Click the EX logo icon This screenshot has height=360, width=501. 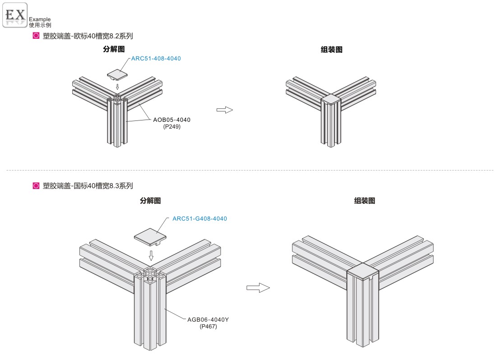15,15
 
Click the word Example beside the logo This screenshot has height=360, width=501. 40,19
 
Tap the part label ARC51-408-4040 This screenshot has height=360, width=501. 156,59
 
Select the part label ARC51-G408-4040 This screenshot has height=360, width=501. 199,219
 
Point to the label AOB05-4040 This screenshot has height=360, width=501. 172,120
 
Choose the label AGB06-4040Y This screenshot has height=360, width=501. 208,320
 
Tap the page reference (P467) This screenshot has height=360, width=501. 208,326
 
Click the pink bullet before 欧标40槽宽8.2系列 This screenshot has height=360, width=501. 36,36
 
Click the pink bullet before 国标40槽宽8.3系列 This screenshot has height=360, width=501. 36,185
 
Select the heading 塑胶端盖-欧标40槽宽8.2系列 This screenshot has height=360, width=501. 88,36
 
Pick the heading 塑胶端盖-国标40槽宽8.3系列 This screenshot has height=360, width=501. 88,185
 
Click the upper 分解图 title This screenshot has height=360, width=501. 114,49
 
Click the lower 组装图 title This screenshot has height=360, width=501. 365,201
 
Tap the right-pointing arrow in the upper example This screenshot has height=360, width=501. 224,110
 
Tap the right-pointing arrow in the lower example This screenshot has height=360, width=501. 258,288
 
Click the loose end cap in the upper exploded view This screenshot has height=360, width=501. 117,73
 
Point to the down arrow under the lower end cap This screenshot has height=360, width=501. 151,256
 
